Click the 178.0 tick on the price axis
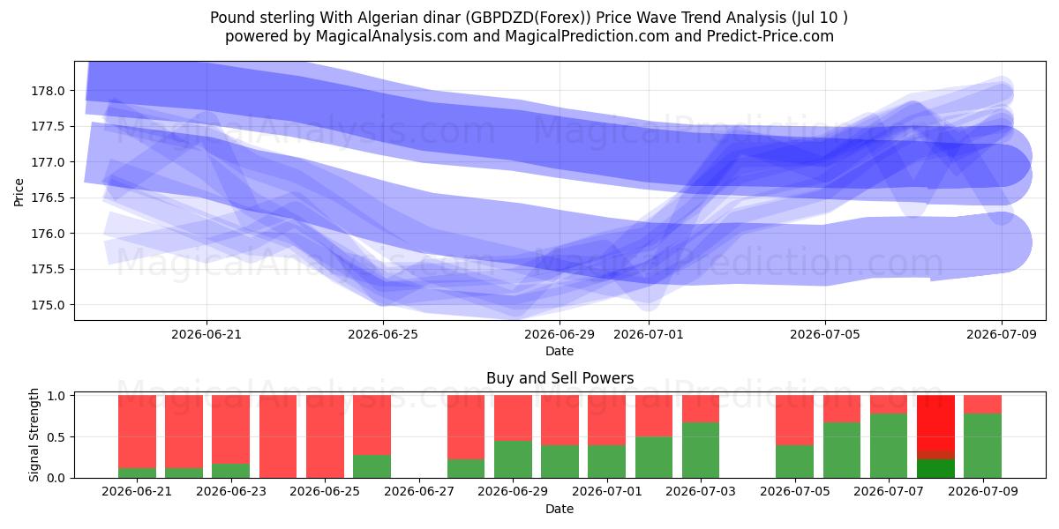tap(48, 91)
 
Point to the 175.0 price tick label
tap(48, 305)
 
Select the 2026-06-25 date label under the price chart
tap(383, 334)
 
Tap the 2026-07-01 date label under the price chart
tap(649, 334)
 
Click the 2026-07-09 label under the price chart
tap(1002, 334)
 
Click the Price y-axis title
tap(19, 192)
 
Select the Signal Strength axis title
tap(34, 435)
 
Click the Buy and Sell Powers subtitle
tap(560, 378)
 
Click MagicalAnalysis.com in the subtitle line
tap(392, 36)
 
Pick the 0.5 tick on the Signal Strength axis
tap(56, 437)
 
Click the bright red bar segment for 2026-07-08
tap(935, 422)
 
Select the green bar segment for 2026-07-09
tap(982, 446)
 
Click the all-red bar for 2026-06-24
tap(278, 436)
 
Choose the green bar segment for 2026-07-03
tap(701, 451)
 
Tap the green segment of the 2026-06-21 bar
tap(137, 473)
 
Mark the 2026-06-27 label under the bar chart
tap(419, 491)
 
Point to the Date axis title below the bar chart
tap(560, 509)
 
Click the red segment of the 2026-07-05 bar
tap(795, 421)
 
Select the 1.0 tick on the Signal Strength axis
tap(56, 396)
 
